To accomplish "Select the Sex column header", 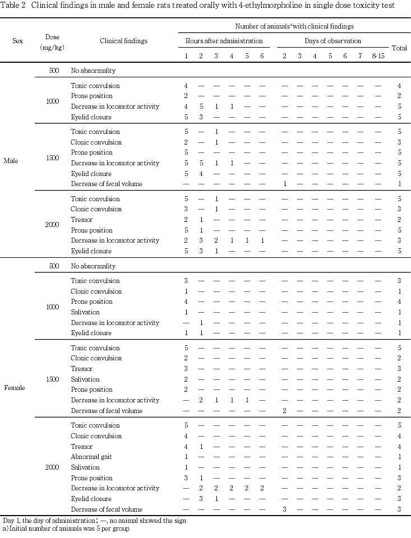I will point(17,41).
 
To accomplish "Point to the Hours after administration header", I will point(224,41).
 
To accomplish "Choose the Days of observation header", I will point(333,41).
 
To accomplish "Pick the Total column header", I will point(399,48).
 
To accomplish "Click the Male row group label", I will point(11,161).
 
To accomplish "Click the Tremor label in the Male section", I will point(82,220).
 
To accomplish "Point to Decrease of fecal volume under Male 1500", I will point(106,184).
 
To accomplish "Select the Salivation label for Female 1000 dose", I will point(85,312).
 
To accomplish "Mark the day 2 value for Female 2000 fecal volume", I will point(284,509).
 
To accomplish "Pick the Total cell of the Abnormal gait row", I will point(399,457).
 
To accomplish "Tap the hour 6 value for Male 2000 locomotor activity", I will point(262,240).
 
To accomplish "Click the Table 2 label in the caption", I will point(13,6).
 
